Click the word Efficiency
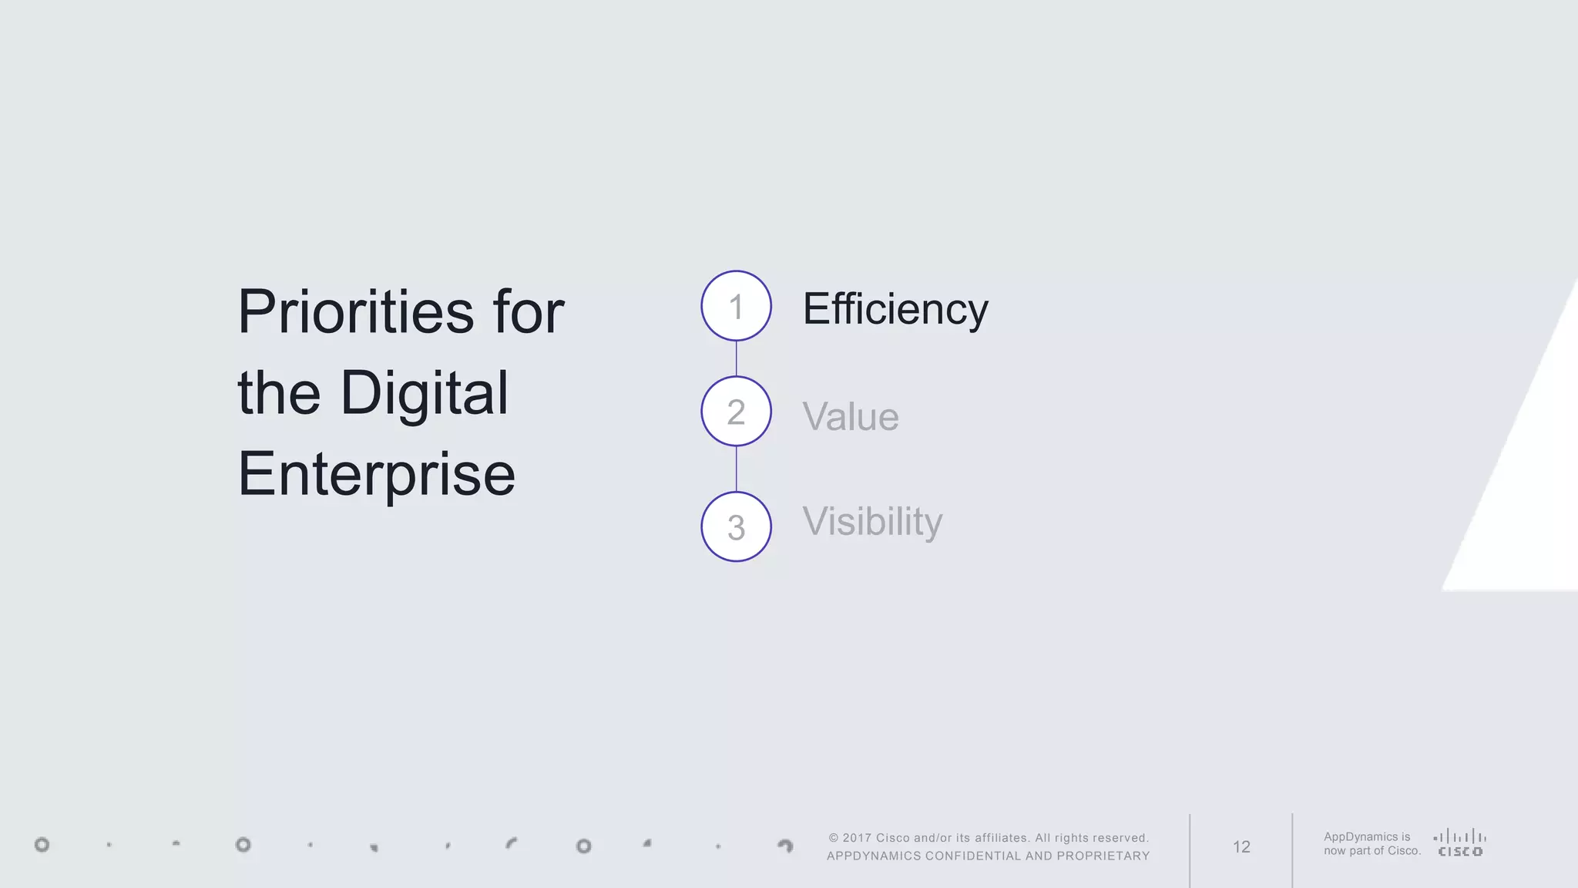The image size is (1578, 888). coord(895,310)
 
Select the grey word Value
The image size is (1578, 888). coord(851,417)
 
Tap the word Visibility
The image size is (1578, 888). coord(872,522)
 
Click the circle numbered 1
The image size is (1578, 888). coord(736,306)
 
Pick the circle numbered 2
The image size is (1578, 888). coord(736,412)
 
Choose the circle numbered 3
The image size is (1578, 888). coord(736,527)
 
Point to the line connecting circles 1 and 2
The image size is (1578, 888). coord(736,358)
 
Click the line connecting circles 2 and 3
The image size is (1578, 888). coord(736,469)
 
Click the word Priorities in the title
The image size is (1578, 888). coord(356,312)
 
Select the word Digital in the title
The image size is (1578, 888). coord(424,393)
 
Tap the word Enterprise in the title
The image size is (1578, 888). coord(377,474)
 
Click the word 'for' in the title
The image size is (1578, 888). coord(529,312)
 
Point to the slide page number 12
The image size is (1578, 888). coord(1241,847)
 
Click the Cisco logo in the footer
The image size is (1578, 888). coord(1460,843)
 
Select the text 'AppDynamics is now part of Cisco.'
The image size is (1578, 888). coord(1372,844)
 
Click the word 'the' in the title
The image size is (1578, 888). coord(278,393)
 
